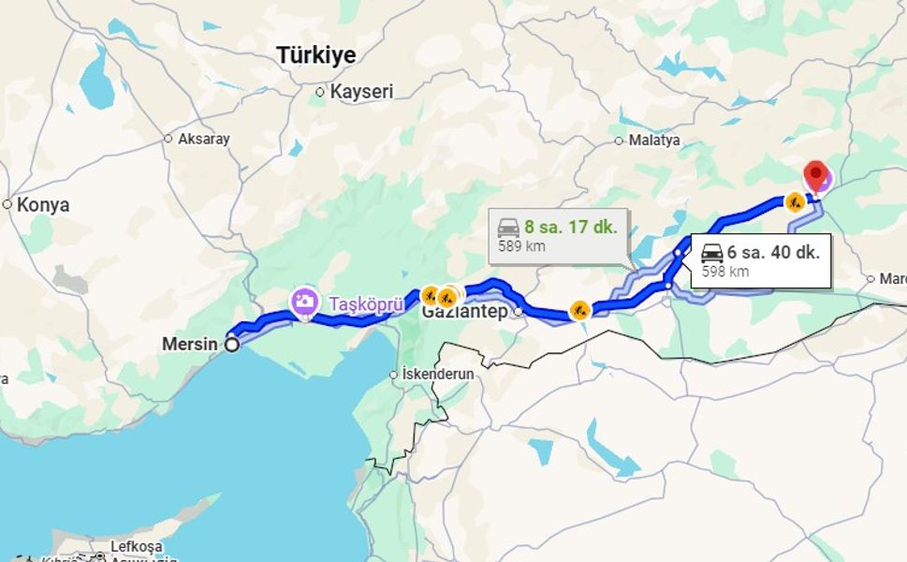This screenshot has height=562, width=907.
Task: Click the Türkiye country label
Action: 316,55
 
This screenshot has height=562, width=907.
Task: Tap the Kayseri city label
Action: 361,92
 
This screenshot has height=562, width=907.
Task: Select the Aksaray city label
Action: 203,139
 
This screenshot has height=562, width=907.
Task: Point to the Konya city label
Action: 43,204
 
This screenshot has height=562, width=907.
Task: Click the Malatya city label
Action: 654,140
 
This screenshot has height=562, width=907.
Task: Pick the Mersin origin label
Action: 189,344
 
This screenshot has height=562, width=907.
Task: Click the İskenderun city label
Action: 438,374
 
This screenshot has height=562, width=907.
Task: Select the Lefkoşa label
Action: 137,546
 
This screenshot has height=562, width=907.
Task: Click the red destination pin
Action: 816,175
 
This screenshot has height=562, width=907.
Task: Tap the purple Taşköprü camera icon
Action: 304,302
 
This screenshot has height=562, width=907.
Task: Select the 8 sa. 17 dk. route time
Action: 571,227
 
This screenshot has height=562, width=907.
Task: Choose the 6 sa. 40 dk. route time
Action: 773,252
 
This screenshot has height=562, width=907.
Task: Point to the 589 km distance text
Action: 521,247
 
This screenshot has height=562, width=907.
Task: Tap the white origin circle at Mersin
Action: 231,345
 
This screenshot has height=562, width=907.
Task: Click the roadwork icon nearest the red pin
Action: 795,201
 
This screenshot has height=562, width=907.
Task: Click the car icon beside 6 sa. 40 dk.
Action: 711,253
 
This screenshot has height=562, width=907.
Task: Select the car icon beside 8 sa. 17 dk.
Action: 508,228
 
